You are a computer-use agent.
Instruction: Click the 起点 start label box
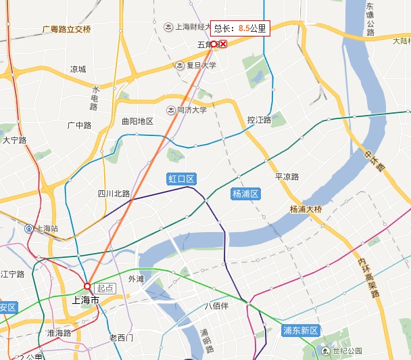click(105, 288)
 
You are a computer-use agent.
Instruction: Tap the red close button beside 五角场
click(223, 44)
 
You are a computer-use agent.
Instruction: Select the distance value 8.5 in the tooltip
click(243, 28)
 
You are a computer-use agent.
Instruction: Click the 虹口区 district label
click(181, 179)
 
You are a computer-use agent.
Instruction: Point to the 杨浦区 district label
click(245, 194)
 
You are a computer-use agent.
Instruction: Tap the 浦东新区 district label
click(300, 331)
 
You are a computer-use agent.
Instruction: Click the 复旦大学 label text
click(201, 66)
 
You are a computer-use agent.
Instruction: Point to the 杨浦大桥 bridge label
click(306, 209)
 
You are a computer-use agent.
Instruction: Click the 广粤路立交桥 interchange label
click(66, 29)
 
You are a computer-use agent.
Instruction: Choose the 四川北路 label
click(114, 194)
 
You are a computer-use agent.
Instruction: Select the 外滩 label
click(136, 279)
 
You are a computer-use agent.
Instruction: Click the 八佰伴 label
click(216, 305)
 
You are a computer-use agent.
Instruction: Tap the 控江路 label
click(259, 120)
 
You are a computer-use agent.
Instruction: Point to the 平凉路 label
click(287, 177)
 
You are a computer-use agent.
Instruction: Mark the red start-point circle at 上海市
click(87, 286)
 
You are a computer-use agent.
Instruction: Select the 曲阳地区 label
click(137, 122)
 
